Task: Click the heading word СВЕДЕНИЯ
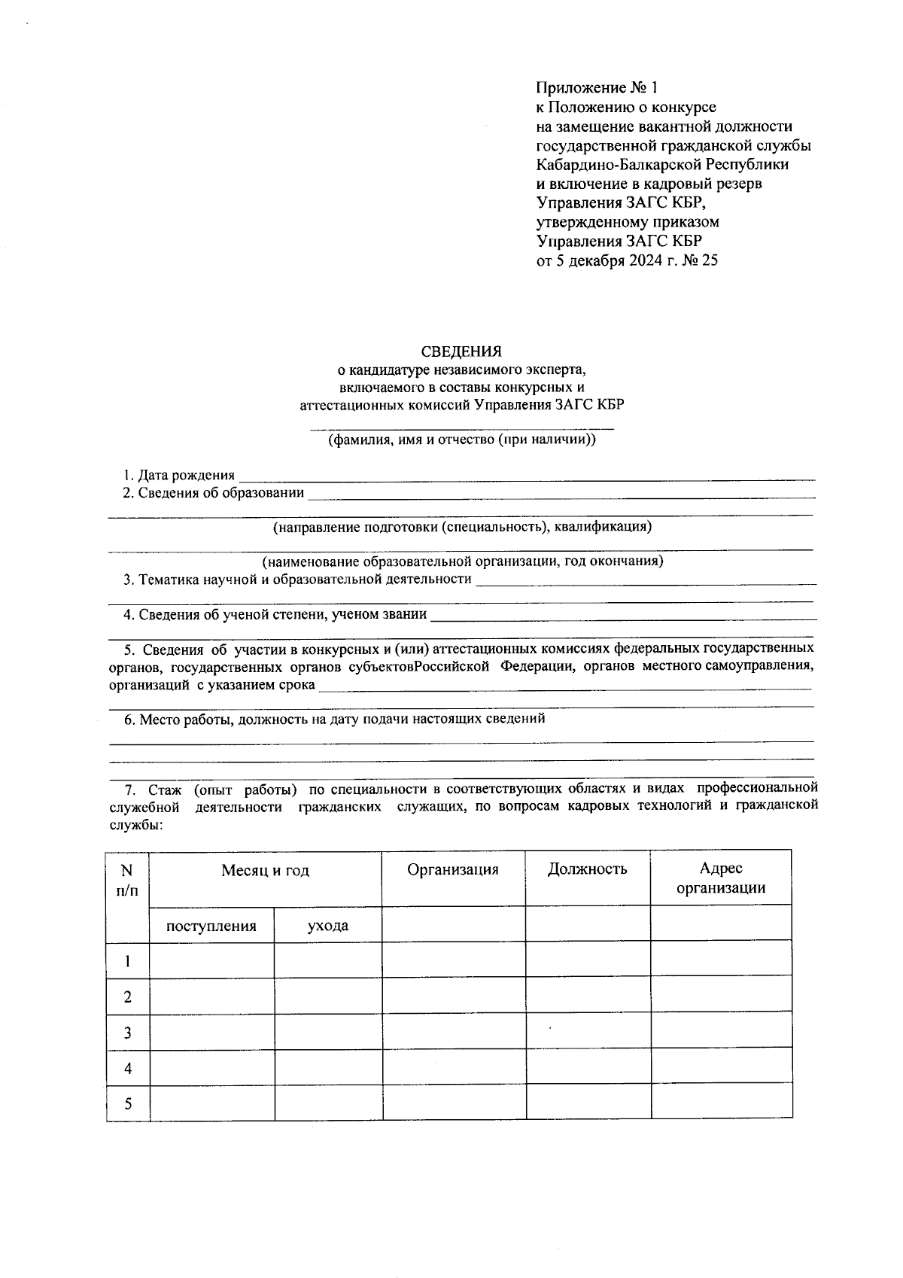point(461,351)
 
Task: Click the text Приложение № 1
point(591,87)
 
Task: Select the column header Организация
point(453,870)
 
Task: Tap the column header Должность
point(587,869)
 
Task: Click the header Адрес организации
point(721,878)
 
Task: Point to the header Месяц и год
point(265,871)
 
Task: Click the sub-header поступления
point(211,926)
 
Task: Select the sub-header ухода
point(328,926)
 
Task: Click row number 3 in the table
point(128,1033)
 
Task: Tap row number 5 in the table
point(128,1104)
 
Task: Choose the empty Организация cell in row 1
point(454,960)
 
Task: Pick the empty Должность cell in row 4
point(588,1068)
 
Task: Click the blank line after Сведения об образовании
point(561,495)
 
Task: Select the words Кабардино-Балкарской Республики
point(662,165)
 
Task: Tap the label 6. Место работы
point(178,719)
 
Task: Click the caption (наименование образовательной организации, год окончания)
point(462,561)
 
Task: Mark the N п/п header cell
point(127,879)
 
